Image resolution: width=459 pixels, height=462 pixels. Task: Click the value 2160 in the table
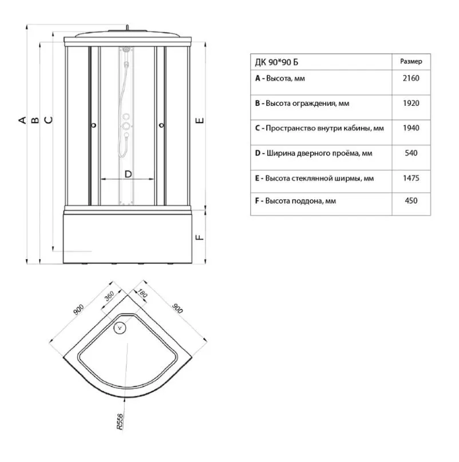click(x=411, y=78)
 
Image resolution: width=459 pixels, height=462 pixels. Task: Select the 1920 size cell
click(x=411, y=103)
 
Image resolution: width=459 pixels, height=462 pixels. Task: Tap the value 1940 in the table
click(x=411, y=128)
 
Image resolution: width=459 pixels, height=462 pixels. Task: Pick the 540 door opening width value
click(x=411, y=153)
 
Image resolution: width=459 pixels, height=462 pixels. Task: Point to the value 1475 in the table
click(x=411, y=178)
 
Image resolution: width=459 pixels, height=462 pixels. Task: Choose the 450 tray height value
click(x=411, y=201)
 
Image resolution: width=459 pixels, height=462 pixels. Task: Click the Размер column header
click(x=411, y=61)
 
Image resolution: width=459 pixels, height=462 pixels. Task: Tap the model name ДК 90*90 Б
click(x=276, y=62)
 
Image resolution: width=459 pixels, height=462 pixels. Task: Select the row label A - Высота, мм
click(x=280, y=78)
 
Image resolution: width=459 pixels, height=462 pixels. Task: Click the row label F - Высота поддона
click(x=295, y=201)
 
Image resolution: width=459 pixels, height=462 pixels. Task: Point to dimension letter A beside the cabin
click(x=22, y=120)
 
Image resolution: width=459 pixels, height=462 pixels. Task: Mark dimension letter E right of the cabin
click(x=200, y=121)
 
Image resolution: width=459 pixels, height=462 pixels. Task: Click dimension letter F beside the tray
click(x=200, y=237)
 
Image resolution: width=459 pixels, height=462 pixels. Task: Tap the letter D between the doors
click(x=128, y=174)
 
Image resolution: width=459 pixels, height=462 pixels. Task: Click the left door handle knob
click(x=94, y=125)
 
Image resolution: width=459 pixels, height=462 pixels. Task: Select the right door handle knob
click(x=161, y=125)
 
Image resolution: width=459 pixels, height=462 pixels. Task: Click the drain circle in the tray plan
click(x=120, y=328)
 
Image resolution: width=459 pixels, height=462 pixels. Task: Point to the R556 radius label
click(x=120, y=421)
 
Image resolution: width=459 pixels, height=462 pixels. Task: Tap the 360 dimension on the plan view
click(x=109, y=296)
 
